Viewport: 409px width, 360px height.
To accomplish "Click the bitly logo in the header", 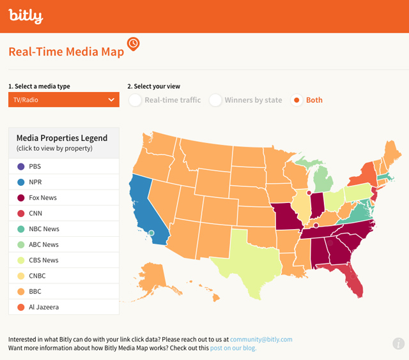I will coord(26,16).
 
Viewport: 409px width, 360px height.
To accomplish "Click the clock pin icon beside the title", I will coord(134,44).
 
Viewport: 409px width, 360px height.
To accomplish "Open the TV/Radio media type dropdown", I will coord(63,100).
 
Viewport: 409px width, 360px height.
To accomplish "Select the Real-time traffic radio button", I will coord(135,100).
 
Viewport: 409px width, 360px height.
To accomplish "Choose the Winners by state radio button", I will coord(215,100).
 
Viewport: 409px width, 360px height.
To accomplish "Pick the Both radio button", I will coord(297,100).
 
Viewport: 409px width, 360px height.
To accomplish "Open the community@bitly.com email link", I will coord(262,340).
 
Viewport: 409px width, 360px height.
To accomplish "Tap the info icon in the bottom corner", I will coord(399,343).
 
